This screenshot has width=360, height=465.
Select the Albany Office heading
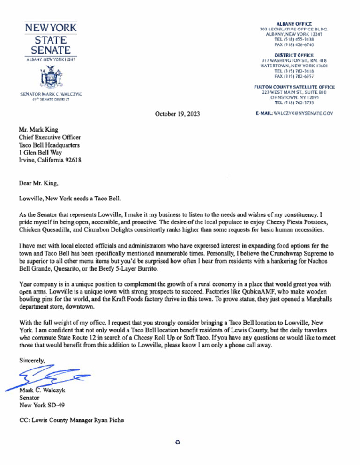[294, 23]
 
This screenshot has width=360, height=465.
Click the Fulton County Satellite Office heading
[294, 87]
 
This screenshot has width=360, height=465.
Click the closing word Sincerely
[33, 360]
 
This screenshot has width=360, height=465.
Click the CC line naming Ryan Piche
[72, 420]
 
